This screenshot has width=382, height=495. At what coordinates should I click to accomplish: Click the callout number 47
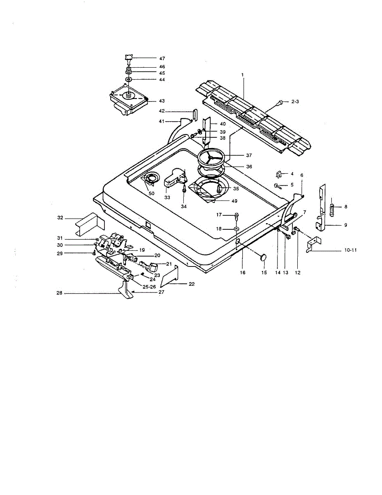pos(150,59)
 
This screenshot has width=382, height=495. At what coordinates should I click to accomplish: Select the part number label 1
pos(243,75)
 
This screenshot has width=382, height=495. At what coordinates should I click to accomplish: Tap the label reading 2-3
pos(296,101)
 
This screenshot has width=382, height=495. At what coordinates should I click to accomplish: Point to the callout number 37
pos(249,156)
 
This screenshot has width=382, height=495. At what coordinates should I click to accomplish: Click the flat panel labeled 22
pos(169,276)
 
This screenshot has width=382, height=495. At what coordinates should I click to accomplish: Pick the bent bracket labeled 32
pos(87,224)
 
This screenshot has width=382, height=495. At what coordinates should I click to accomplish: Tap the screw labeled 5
pos(278,186)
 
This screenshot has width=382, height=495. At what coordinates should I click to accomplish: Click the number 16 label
pos(242,273)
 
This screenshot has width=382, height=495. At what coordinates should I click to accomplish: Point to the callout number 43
pos(162,101)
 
